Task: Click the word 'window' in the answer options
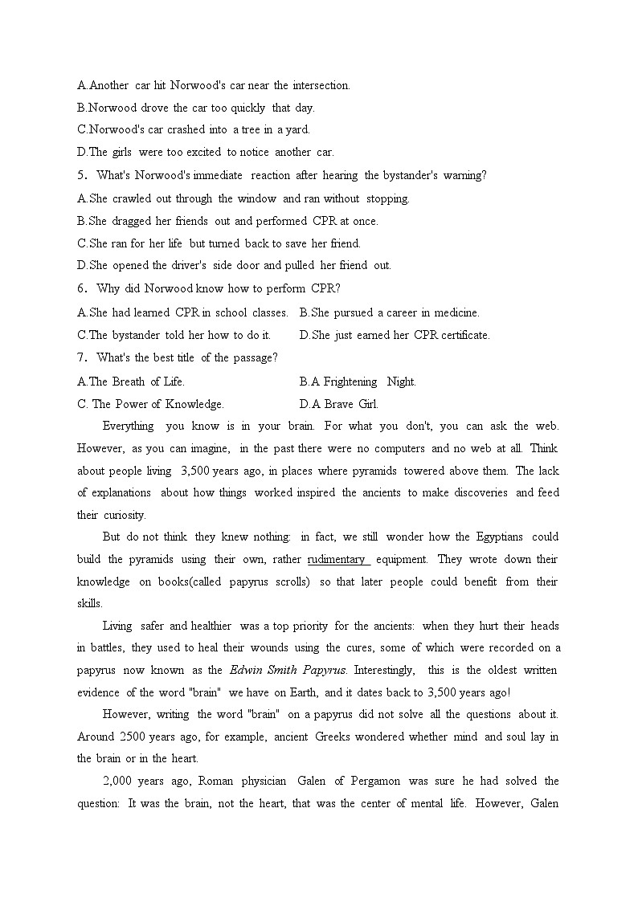pos(257,198)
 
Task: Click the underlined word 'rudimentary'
pos(336,559)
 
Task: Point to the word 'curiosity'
pos(123,515)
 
